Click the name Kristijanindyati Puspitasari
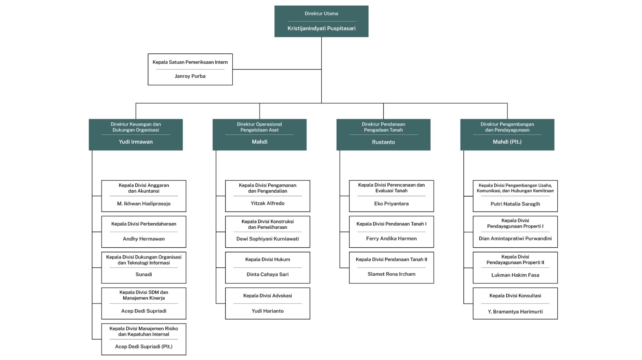tap(321, 28)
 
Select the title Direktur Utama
tap(321, 14)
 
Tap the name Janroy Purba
tap(190, 76)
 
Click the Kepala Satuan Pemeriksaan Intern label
tap(190, 62)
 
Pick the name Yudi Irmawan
tap(136, 142)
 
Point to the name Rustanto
tap(383, 142)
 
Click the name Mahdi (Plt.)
tap(507, 142)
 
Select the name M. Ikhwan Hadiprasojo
tap(144, 204)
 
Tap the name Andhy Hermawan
tap(144, 239)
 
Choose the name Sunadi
tap(144, 275)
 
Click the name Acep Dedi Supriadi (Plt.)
tap(144, 347)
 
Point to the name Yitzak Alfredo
tap(267, 203)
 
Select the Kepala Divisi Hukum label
tap(267, 260)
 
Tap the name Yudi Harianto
tap(267, 311)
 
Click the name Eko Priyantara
tap(391, 204)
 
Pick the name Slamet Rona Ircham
tap(391, 274)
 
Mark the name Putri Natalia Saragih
tap(515, 204)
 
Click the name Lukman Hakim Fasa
tap(515, 275)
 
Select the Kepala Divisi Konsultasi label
tap(515, 296)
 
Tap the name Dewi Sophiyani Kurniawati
tap(267, 239)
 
